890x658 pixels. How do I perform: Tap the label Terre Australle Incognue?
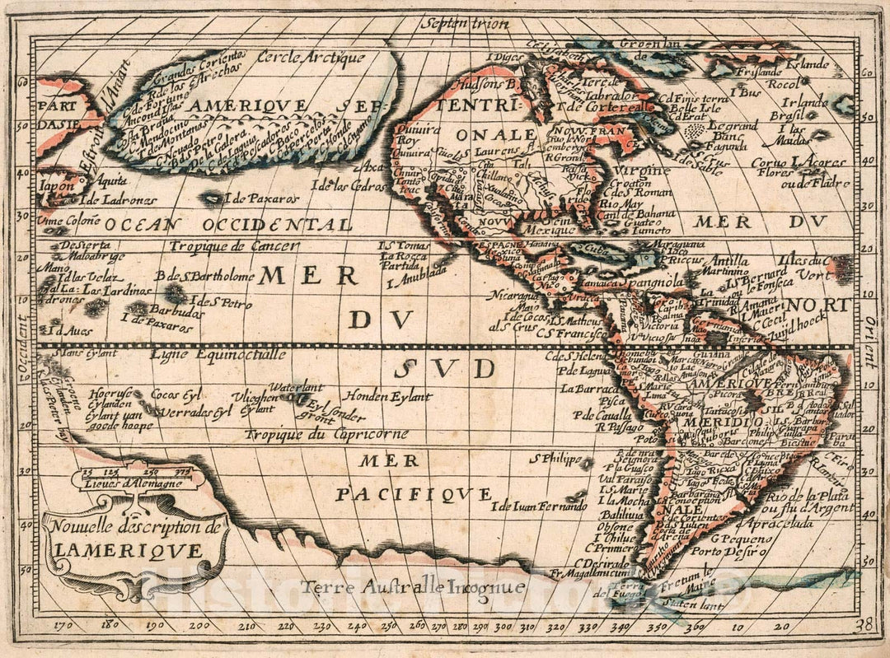click(412, 587)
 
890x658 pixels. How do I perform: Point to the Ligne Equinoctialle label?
click(218, 355)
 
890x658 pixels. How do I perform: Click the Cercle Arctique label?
click(310, 58)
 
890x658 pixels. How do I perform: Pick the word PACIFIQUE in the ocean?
click(414, 494)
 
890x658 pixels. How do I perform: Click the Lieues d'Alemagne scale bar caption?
click(122, 483)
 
